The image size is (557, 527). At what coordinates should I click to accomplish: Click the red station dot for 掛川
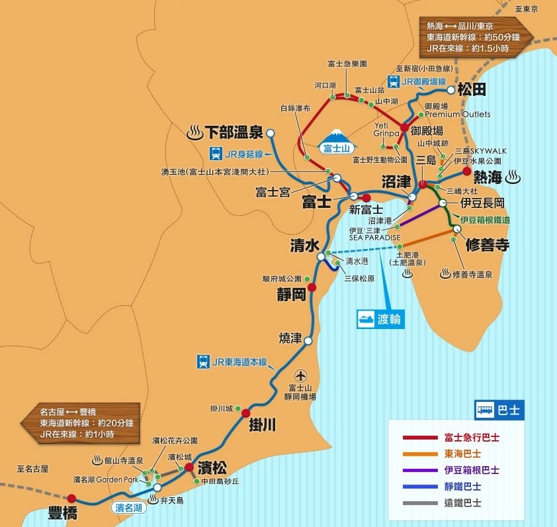pyautogui.click(x=246, y=413)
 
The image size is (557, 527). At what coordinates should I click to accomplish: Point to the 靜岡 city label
pyautogui.click(x=292, y=294)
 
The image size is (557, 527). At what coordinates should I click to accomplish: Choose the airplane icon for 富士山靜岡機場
pyautogui.click(x=302, y=375)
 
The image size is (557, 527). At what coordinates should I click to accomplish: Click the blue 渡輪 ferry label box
pyautogui.click(x=380, y=319)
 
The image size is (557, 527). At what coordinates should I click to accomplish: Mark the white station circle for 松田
pyautogui.click(x=451, y=89)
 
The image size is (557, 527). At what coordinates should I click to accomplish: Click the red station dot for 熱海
pyautogui.click(x=467, y=171)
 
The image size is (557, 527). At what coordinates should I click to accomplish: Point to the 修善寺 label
pyautogui.click(x=487, y=244)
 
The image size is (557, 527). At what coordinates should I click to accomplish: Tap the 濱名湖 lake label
pyautogui.click(x=129, y=508)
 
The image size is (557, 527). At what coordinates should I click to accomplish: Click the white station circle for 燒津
pyautogui.click(x=308, y=340)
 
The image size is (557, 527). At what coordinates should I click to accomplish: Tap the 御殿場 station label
pyautogui.click(x=427, y=131)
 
